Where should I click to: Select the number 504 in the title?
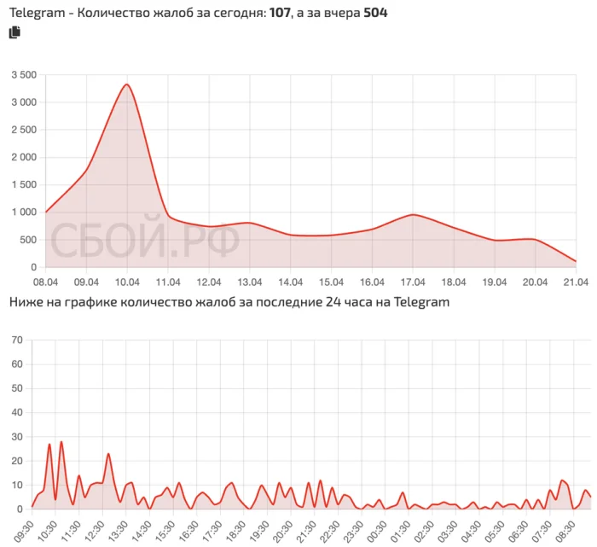click(375, 13)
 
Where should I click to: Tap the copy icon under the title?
click(14, 32)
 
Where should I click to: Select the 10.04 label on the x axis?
click(128, 281)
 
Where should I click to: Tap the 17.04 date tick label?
click(413, 281)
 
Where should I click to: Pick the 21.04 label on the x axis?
click(576, 281)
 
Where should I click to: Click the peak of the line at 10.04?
click(126, 84)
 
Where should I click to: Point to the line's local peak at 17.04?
click(413, 214)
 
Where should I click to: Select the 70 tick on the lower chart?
click(16, 340)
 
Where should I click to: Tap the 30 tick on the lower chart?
click(16, 437)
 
